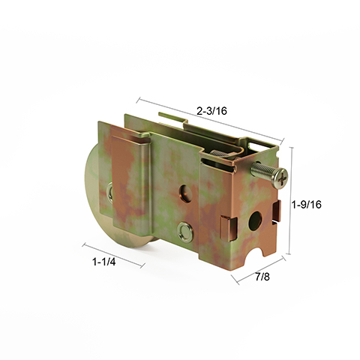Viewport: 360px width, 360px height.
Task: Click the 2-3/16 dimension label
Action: point(211,111)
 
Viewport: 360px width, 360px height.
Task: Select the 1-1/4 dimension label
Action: point(105,262)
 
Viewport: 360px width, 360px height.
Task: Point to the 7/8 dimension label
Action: point(262,277)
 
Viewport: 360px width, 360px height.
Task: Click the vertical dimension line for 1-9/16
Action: point(291,202)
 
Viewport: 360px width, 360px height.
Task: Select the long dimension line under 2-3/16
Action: point(210,120)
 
